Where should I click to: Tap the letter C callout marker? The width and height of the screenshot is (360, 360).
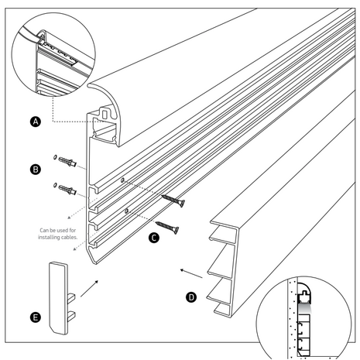(155, 238)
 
